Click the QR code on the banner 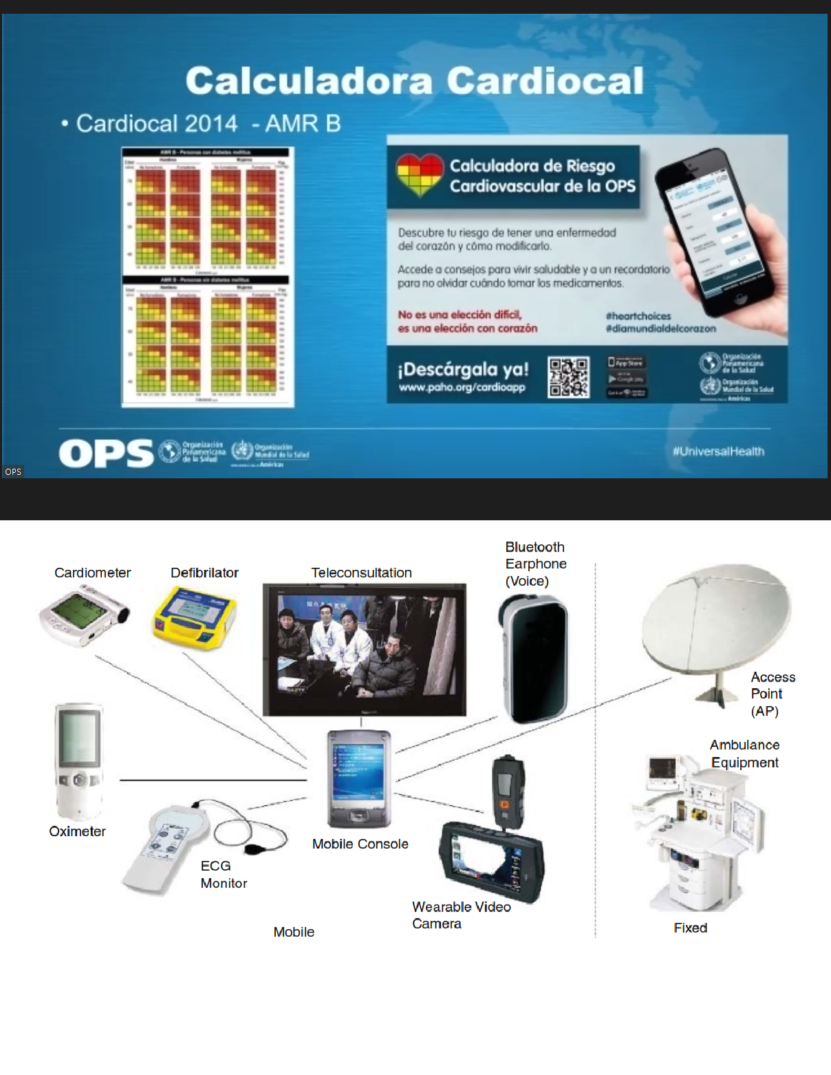pos(568,376)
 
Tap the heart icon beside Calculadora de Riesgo pos(420,175)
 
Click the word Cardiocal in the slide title pos(546,81)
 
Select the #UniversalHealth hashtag pos(718,451)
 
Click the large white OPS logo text pos(106,454)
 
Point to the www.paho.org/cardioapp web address pos(462,387)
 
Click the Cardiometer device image pos(83,615)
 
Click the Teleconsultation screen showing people pos(364,649)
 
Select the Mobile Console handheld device pos(359,778)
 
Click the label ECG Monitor pos(223,874)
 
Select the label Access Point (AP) pos(772,694)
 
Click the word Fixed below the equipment pos(690,928)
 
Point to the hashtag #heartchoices pos(638,316)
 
